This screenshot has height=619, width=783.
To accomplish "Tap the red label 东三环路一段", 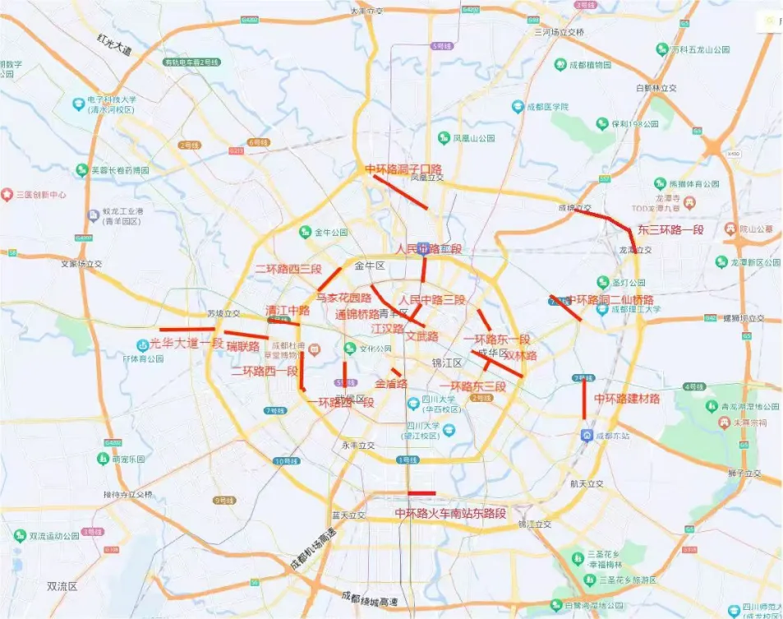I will point(670,229).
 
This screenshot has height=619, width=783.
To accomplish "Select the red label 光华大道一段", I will point(187,344).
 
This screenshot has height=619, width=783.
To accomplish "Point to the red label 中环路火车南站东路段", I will point(450,514).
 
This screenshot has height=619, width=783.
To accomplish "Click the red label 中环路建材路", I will point(627,399).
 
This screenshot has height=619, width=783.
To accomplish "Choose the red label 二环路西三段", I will point(288,269).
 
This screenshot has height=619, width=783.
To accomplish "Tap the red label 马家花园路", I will point(344,298).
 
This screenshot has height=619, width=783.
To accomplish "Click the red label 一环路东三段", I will point(472,386).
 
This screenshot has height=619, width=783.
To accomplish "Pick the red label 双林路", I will point(520,356).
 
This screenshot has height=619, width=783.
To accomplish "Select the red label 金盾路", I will point(391,383).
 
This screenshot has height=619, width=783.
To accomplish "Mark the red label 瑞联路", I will point(242,346).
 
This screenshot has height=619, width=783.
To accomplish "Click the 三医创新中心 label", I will point(41,195).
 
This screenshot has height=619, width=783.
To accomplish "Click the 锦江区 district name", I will point(448,362).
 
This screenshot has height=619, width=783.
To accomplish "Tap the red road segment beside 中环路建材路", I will point(583,399).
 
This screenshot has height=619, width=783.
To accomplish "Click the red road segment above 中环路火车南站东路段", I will point(421,493).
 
